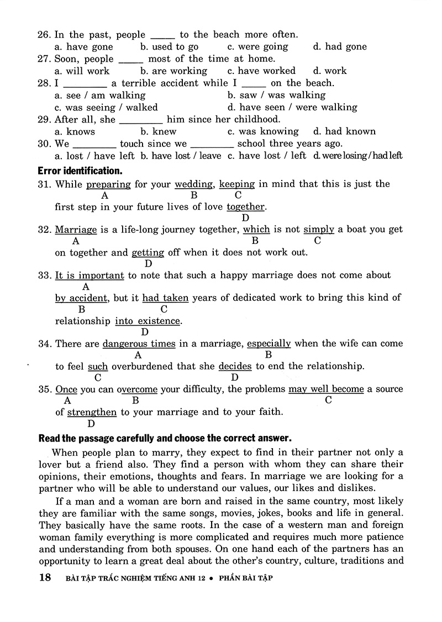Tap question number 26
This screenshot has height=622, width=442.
(44, 35)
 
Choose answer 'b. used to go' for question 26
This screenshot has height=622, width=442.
(169, 47)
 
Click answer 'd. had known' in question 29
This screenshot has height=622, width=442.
(344, 131)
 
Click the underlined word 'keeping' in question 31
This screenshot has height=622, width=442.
(237, 184)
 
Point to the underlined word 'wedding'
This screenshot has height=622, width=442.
(194, 184)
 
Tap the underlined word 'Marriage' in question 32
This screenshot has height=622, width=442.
(76, 230)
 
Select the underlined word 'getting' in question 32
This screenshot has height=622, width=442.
(148, 253)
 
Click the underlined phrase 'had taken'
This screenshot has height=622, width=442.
(165, 298)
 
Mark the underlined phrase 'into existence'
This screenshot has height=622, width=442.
(148, 321)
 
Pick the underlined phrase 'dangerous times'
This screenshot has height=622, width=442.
(139, 344)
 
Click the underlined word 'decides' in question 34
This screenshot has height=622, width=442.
(235, 366)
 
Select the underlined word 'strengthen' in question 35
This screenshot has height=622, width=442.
(92, 412)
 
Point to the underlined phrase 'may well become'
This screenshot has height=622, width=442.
(326, 389)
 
